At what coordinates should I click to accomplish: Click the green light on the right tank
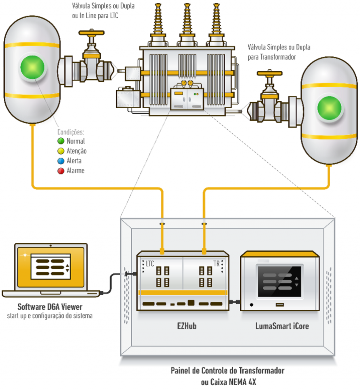pos(330,107)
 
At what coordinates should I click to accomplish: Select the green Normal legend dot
pos(60,141)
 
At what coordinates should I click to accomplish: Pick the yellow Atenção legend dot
pos(60,151)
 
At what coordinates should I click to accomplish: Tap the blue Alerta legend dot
pos(60,161)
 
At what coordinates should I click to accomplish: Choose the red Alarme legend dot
pos(60,171)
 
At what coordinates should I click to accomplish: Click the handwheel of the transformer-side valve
pos(269,74)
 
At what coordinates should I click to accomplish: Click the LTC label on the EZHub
pos(150,263)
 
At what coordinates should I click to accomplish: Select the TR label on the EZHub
pos(217,263)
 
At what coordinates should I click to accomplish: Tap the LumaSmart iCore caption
pos(281,325)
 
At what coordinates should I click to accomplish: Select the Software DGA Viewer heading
pos(50,307)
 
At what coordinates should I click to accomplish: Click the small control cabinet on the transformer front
pos(187,99)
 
